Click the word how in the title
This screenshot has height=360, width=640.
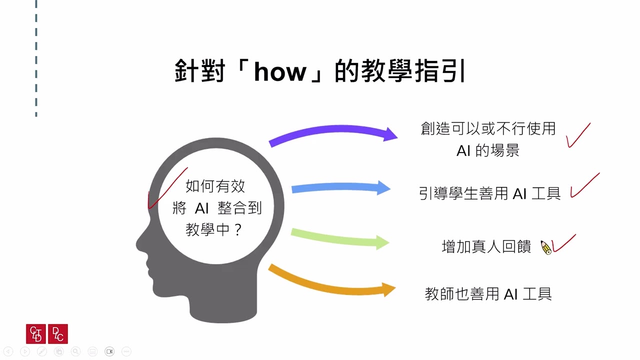pyautogui.click(x=279, y=72)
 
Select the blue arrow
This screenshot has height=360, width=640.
pyautogui.click(x=340, y=188)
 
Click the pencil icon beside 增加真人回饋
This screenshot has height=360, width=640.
pyautogui.click(x=546, y=247)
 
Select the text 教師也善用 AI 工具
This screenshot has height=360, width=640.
pyautogui.click(x=488, y=294)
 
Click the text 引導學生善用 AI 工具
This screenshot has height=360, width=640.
pyautogui.click(x=490, y=193)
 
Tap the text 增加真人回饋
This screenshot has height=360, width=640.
pyautogui.click(x=486, y=247)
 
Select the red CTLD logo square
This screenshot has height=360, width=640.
pyautogui.click(x=36, y=334)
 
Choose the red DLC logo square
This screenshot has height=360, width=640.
pyautogui.click(x=58, y=334)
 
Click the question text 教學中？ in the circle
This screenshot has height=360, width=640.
pyautogui.click(x=214, y=229)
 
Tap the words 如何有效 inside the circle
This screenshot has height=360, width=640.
pyautogui.click(x=215, y=186)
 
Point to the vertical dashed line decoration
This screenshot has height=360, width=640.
pyautogui.click(x=36, y=60)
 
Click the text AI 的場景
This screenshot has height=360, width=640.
pyautogui.click(x=488, y=150)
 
